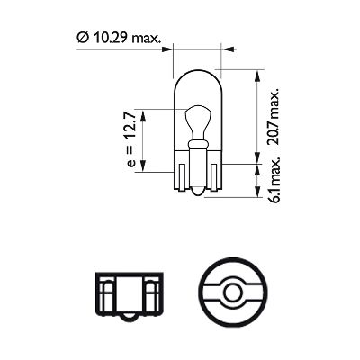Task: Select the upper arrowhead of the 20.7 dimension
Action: [259, 75]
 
